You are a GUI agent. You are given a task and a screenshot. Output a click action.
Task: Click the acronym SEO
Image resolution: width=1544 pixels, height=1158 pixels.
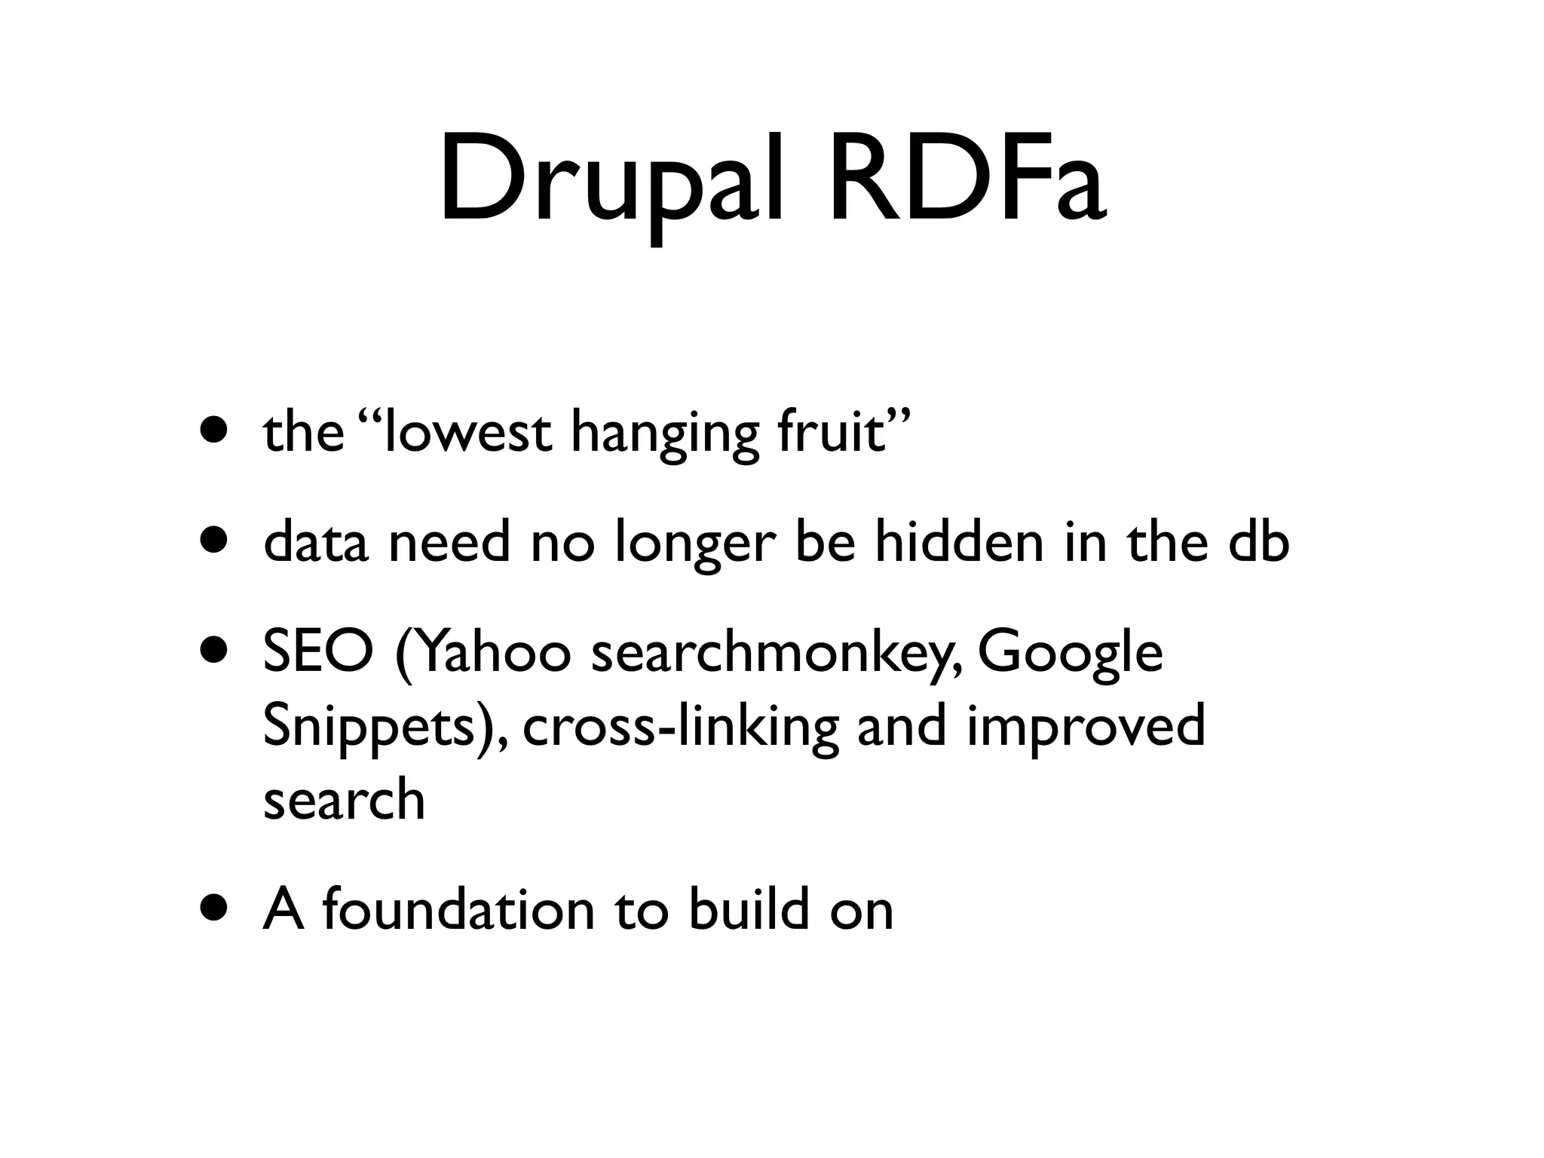coord(317,653)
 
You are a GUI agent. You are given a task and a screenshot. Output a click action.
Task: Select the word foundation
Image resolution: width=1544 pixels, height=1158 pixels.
coord(459,909)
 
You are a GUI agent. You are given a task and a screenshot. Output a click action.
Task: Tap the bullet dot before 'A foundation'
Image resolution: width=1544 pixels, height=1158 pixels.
coord(213,909)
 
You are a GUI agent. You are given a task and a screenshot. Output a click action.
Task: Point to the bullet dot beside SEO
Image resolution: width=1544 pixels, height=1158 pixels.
coord(213,653)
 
